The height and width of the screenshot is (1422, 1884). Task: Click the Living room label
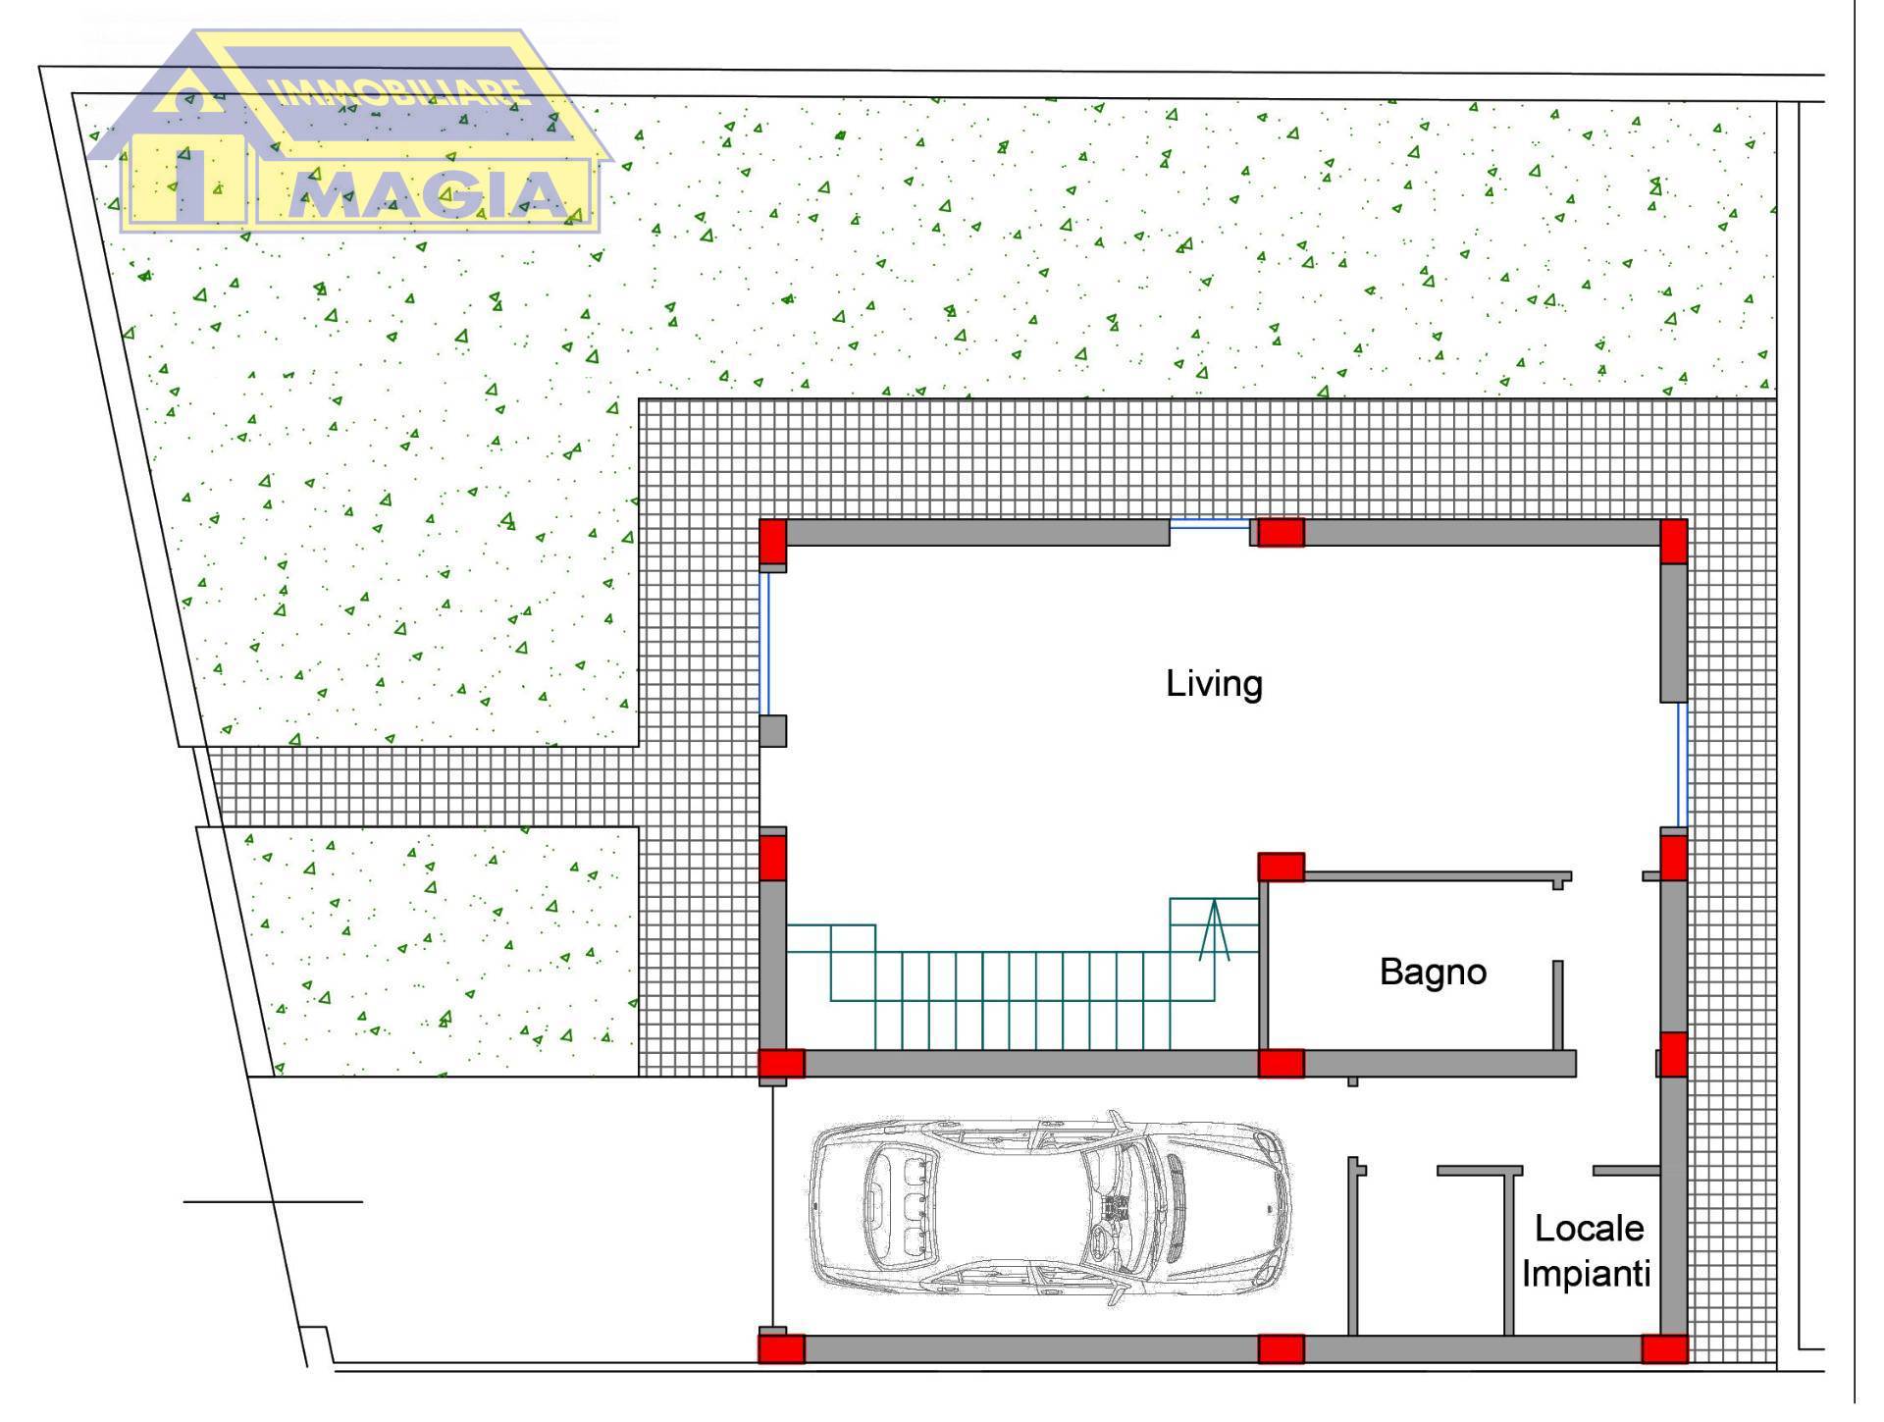(x=1214, y=684)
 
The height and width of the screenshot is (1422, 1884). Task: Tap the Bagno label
(x=1433, y=972)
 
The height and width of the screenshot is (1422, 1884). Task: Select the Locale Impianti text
(x=1587, y=1251)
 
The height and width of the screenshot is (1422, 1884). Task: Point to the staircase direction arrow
(x=1215, y=928)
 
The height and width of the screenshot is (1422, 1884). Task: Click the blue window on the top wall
(x=1209, y=524)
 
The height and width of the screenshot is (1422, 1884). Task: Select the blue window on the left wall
(x=764, y=644)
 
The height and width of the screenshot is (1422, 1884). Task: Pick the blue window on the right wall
(x=1682, y=765)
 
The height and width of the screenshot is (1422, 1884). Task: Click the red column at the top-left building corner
(x=773, y=541)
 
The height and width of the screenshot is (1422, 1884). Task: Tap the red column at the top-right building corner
(x=1673, y=541)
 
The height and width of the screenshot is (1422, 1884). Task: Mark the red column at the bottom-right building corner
(x=1665, y=1349)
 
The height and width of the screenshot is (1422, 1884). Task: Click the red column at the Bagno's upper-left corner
(x=1281, y=867)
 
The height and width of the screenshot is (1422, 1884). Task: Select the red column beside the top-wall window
(x=1281, y=532)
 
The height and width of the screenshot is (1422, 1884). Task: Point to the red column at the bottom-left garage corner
(x=781, y=1349)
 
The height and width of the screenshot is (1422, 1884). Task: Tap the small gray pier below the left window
(x=773, y=731)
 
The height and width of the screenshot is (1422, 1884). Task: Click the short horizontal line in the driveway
(x=273, y=1201)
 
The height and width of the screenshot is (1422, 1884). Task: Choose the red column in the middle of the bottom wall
(x=1281, y=1349)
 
